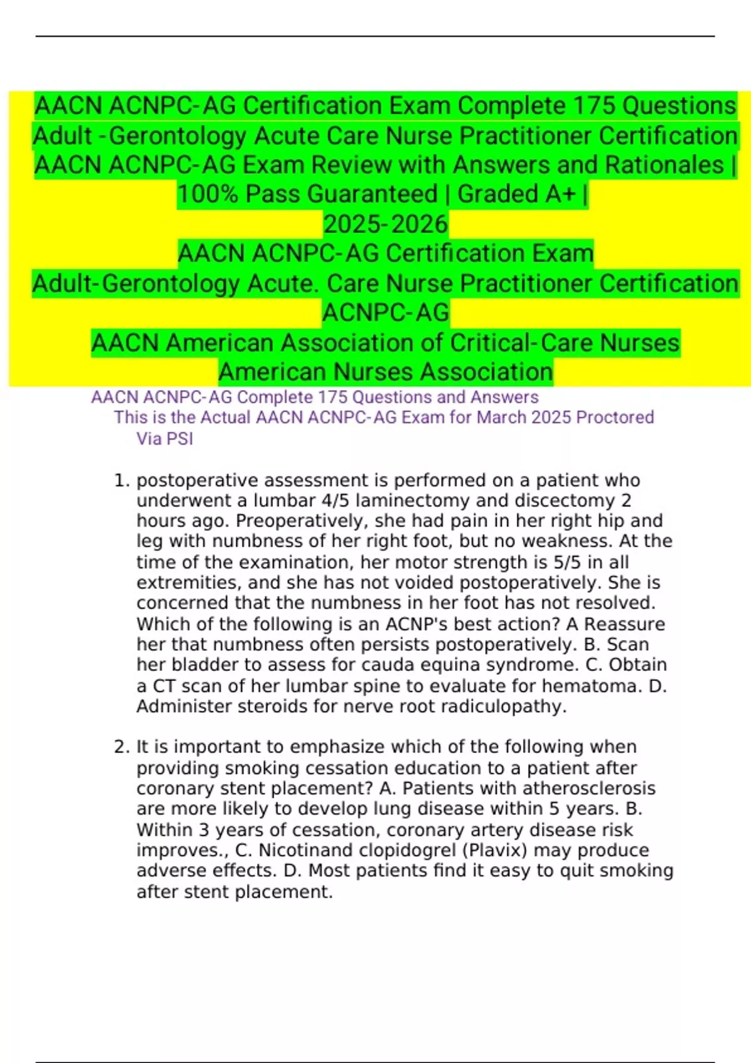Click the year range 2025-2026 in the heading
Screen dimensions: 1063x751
[386, 224]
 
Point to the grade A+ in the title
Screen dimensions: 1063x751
[560, 194]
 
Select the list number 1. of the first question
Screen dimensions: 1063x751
[122, 480]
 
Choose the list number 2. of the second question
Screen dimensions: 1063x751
[122, 747]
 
